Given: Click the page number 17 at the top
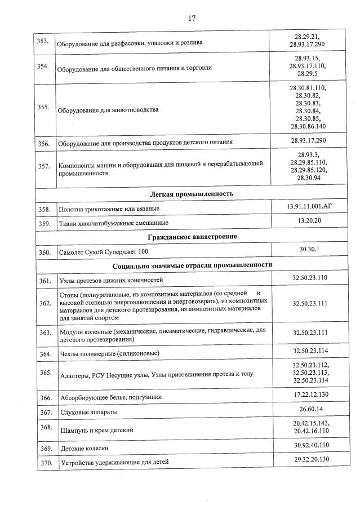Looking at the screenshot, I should click(191, 18).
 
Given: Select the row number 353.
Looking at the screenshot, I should click(43, 41).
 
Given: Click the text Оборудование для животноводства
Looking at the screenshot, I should click(108, 110).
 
